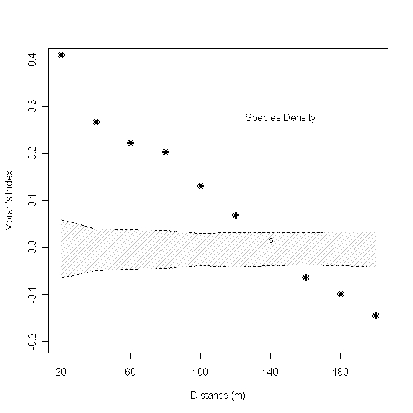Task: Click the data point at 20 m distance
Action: pos(61,55)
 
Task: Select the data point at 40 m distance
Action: pos(96,122)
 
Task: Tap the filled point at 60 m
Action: pos(130,143)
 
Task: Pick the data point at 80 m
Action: pos(165,152)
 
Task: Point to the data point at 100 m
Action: pos(200,186)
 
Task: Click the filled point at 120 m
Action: pos(235,215)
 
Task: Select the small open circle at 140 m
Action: pos(270,240)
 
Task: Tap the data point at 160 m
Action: pos(305,277)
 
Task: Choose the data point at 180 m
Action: pos(340,294)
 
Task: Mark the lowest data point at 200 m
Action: pos(376,315)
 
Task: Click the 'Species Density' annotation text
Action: pos(280,118)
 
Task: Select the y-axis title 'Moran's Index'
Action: pos(9,200)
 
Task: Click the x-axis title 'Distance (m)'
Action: pos(218,395)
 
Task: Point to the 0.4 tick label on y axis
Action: pos(31,60)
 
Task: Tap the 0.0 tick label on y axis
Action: pos(31,247)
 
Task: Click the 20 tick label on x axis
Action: pos(61,372)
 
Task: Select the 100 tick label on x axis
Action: pos(200,372)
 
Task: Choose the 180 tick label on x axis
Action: pos(340,372)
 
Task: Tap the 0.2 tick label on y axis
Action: pos(31,153)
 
